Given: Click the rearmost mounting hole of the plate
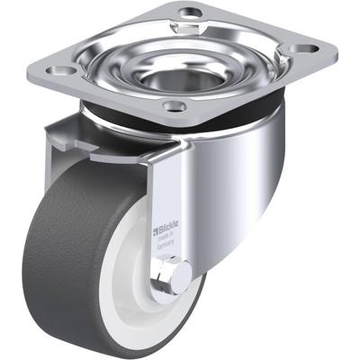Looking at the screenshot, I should point(190,13).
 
